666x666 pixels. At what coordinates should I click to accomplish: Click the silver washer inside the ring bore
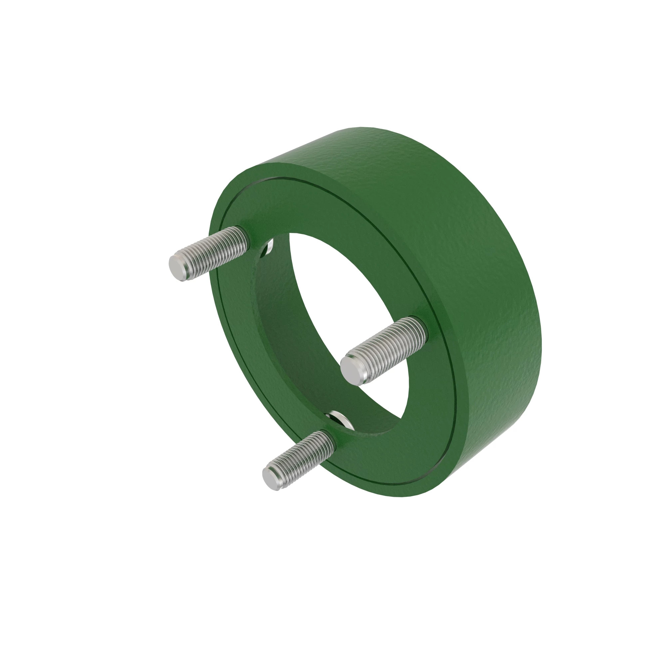(340, 419)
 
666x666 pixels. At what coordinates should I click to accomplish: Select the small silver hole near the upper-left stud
(269, 248)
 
